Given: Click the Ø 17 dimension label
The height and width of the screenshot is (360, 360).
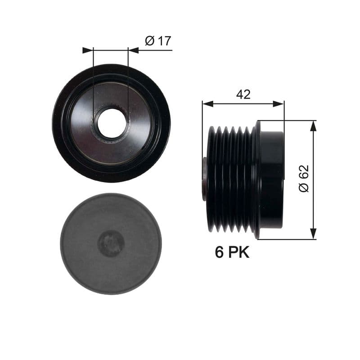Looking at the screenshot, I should pyautogui.click(x=158, y=41).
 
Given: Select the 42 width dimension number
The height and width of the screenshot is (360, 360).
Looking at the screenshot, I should pyautogui.click(x=243, y=94).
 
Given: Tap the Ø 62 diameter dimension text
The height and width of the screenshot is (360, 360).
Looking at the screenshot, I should pyautogui.click(x=304, y=179).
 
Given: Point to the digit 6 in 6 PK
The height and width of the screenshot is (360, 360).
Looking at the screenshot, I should pyautogui.click(x=220, y=252).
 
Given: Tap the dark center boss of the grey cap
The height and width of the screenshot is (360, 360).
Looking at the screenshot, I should pyautogui.click(x=111, y=243).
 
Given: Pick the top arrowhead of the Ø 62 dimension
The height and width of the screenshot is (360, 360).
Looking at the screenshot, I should pyautogui.click(x=313, y=126).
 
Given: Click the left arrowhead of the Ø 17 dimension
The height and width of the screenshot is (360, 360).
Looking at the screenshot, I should pyautogui.click(x=87, y=50).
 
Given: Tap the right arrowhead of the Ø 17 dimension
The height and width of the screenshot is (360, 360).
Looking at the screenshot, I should pyautogui.click(x=133, y=50).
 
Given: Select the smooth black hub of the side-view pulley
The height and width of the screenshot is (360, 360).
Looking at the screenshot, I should pyautogui.click(x=271, y=180).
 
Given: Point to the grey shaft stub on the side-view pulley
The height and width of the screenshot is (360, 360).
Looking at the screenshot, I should pyautogui.click(x=205, y=179).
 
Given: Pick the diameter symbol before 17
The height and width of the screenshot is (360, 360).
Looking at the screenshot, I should pyautogui.click(x=149, y=41).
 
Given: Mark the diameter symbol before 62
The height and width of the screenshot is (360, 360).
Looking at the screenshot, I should pyautogui.click(x=304, y=188).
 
